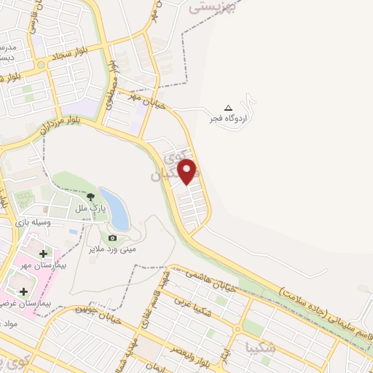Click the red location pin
coord(188,171)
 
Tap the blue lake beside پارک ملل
coord(114,208)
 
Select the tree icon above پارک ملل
coord(90,196)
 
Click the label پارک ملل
coord(90,208)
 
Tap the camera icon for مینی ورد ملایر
coord(112,237)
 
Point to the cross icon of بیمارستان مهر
coord(44,254)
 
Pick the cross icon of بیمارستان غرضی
coord(23,291)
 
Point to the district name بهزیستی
coord(213,7)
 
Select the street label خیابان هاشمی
coord(211,280)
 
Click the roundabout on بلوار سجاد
coord(41,64)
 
